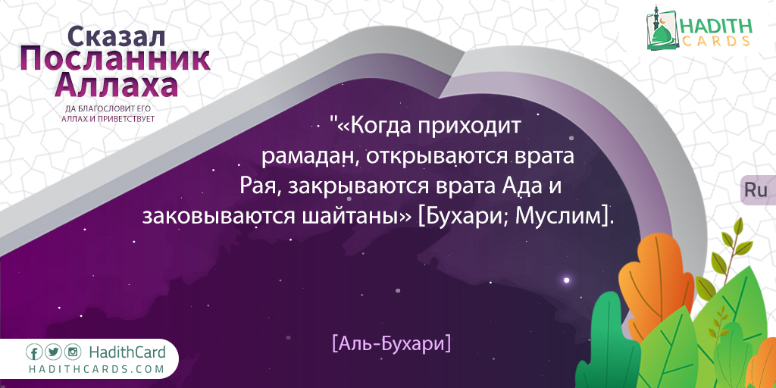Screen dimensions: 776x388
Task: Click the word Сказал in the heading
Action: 115,36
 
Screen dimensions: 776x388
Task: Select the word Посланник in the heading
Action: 115,61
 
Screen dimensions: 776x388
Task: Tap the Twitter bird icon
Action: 53,352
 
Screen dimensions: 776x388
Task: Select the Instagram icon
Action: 72,352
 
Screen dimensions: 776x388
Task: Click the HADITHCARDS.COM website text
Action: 95,369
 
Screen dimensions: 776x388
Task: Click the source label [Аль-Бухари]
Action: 392,343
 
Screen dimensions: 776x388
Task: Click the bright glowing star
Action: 567,280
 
